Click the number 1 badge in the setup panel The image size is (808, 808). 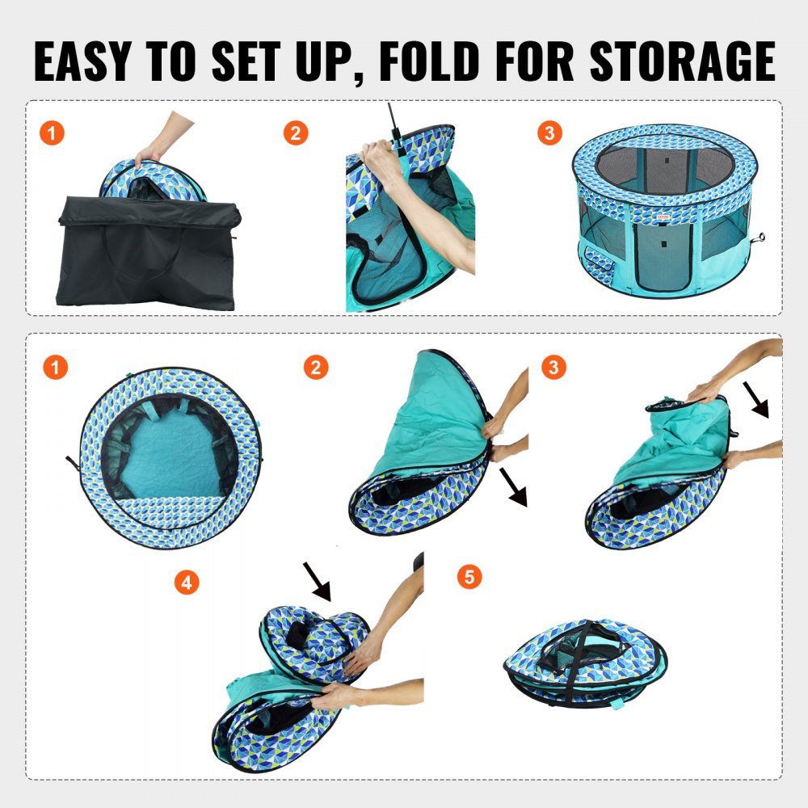click(x=52, y=133)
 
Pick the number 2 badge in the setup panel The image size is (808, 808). click(x=296, y=133)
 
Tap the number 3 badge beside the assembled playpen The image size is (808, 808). click(x=549, y=133)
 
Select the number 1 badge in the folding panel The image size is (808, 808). click(x=54, y=368)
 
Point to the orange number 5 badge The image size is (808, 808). click(x=469, y=577)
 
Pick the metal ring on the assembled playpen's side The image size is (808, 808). click(x=760, y=238)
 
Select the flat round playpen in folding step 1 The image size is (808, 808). click(x=170, y=457)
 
